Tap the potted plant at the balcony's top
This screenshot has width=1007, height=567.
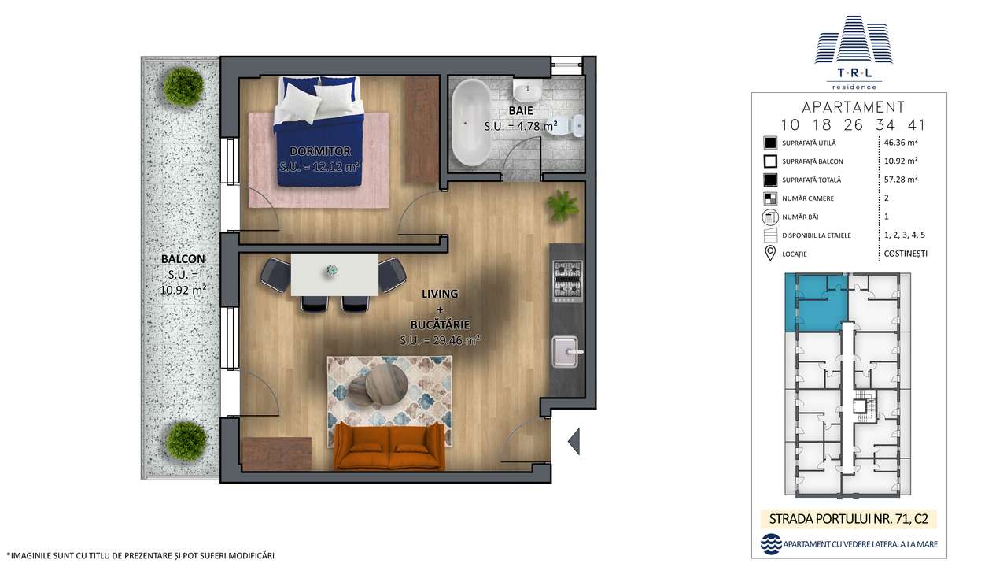point(184,86)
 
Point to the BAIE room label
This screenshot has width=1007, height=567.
point(521,111)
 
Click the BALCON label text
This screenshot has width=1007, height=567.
point(183,258)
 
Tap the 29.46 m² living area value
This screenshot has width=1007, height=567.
point(440,340)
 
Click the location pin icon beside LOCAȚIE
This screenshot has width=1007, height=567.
point(769,254)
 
